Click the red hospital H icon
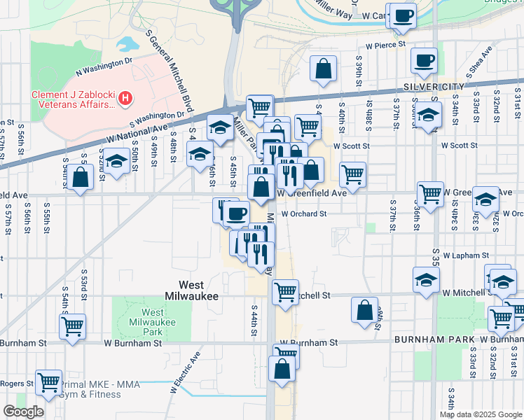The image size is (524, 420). [125, 99]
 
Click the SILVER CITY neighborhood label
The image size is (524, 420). [434, 87]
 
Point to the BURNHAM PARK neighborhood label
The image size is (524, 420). [434, 339]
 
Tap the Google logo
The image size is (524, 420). [23, 411]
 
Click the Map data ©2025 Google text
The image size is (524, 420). [481, 414]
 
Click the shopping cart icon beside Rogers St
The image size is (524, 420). [48, 382]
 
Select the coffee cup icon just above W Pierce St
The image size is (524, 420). [403, 15]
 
